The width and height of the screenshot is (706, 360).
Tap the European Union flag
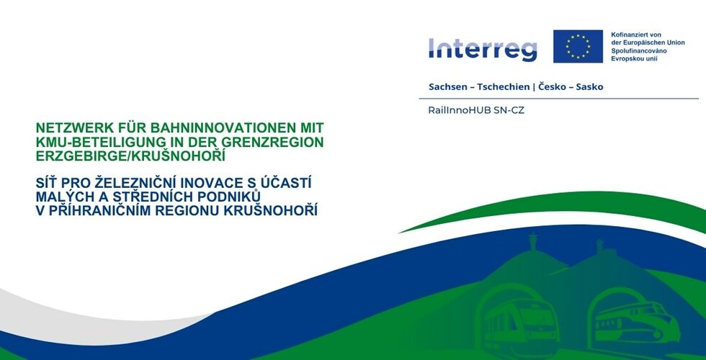(x=578, y=46)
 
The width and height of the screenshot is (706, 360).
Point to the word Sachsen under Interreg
(x=447, y=87)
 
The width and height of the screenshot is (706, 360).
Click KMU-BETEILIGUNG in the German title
(x=91, y=143)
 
